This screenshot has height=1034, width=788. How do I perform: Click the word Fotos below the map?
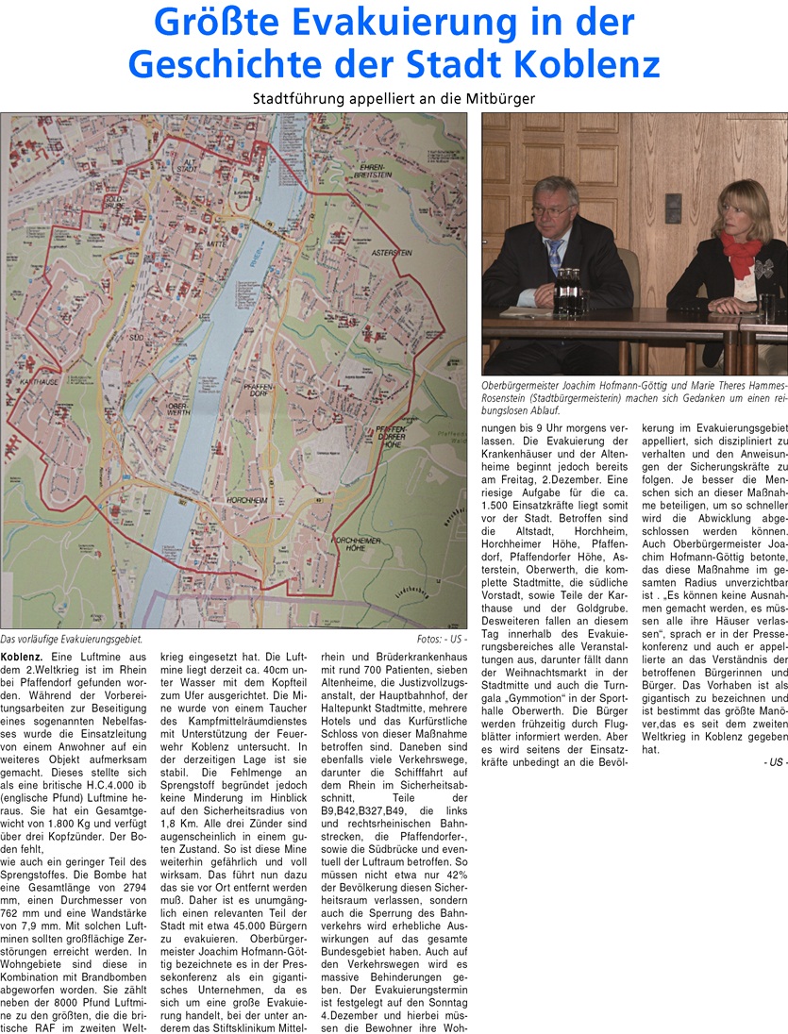(429, 640)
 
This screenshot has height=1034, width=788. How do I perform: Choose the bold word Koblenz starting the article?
(20, 655)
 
